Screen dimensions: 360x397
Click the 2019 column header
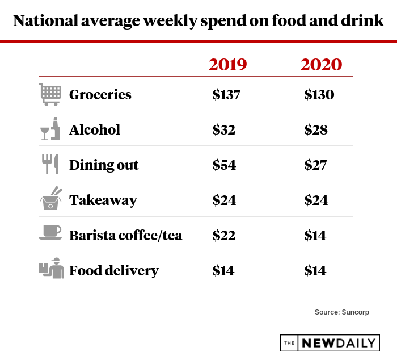point(228,64)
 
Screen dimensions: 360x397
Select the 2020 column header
point(321,64)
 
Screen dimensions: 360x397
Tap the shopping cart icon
point(50,94)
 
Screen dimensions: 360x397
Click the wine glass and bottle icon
point(50,129)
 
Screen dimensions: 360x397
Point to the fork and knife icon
point(50,165)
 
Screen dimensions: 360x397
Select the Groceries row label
point(100,95)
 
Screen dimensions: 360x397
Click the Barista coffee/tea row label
point(125,235)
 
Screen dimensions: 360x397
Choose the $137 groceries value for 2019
point(227,95)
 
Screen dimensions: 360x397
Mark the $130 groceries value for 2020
point(319,95)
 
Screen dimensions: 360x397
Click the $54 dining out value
point(224,165)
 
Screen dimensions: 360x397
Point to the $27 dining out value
point(316,165)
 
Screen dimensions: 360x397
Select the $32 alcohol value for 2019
point(224,130)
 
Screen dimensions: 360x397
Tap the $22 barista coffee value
point(224,235)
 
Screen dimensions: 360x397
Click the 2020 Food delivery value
point(315,270)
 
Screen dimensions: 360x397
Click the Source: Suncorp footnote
point(341,312)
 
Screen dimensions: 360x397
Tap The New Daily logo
point(330,342)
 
